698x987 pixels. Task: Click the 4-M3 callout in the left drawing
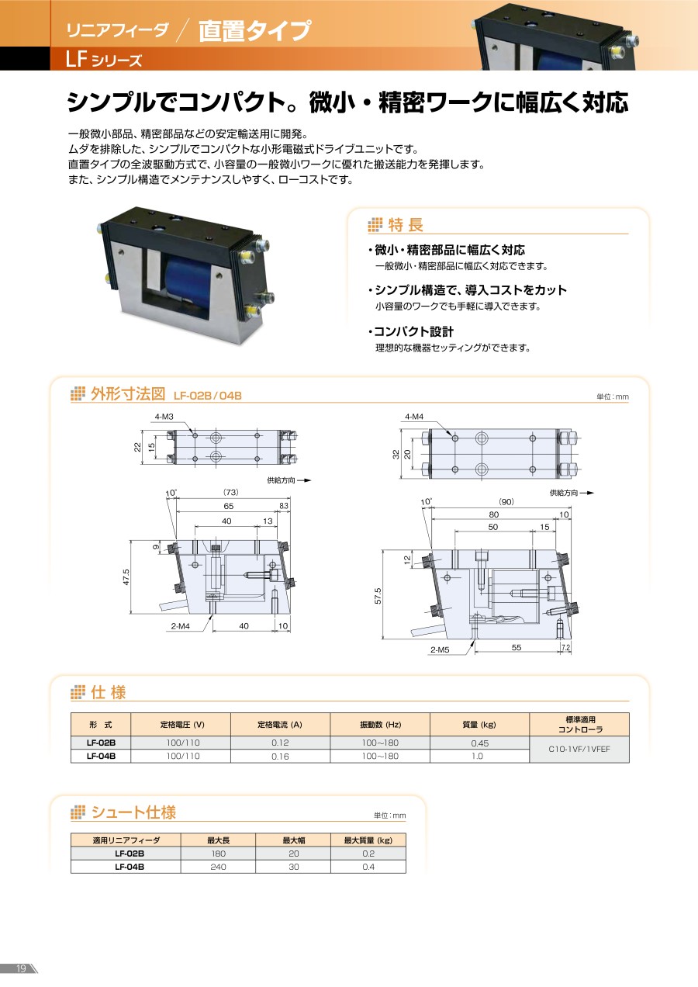pos(164,417)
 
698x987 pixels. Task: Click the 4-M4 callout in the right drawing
pos(414,417)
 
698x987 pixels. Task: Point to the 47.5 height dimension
pos(126,577)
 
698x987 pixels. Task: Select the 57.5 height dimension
pos(378,596)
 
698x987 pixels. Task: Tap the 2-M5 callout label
pos(440,649)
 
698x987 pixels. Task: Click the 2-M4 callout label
pos(181,625)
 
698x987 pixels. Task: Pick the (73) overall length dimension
pos(231,492)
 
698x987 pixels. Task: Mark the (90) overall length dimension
pos(506,501)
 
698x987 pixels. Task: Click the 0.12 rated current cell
pos(280,743)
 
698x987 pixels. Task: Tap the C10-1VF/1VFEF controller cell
pos(579,749)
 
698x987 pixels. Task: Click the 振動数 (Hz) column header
pos(381,725)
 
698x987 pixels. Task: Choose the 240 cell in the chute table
pos(218,867)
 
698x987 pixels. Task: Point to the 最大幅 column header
pos(294,840)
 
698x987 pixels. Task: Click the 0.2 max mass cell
pos(368,854)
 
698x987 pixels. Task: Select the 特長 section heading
pos(406,225)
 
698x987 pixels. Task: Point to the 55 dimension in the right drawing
pos(517,647)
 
